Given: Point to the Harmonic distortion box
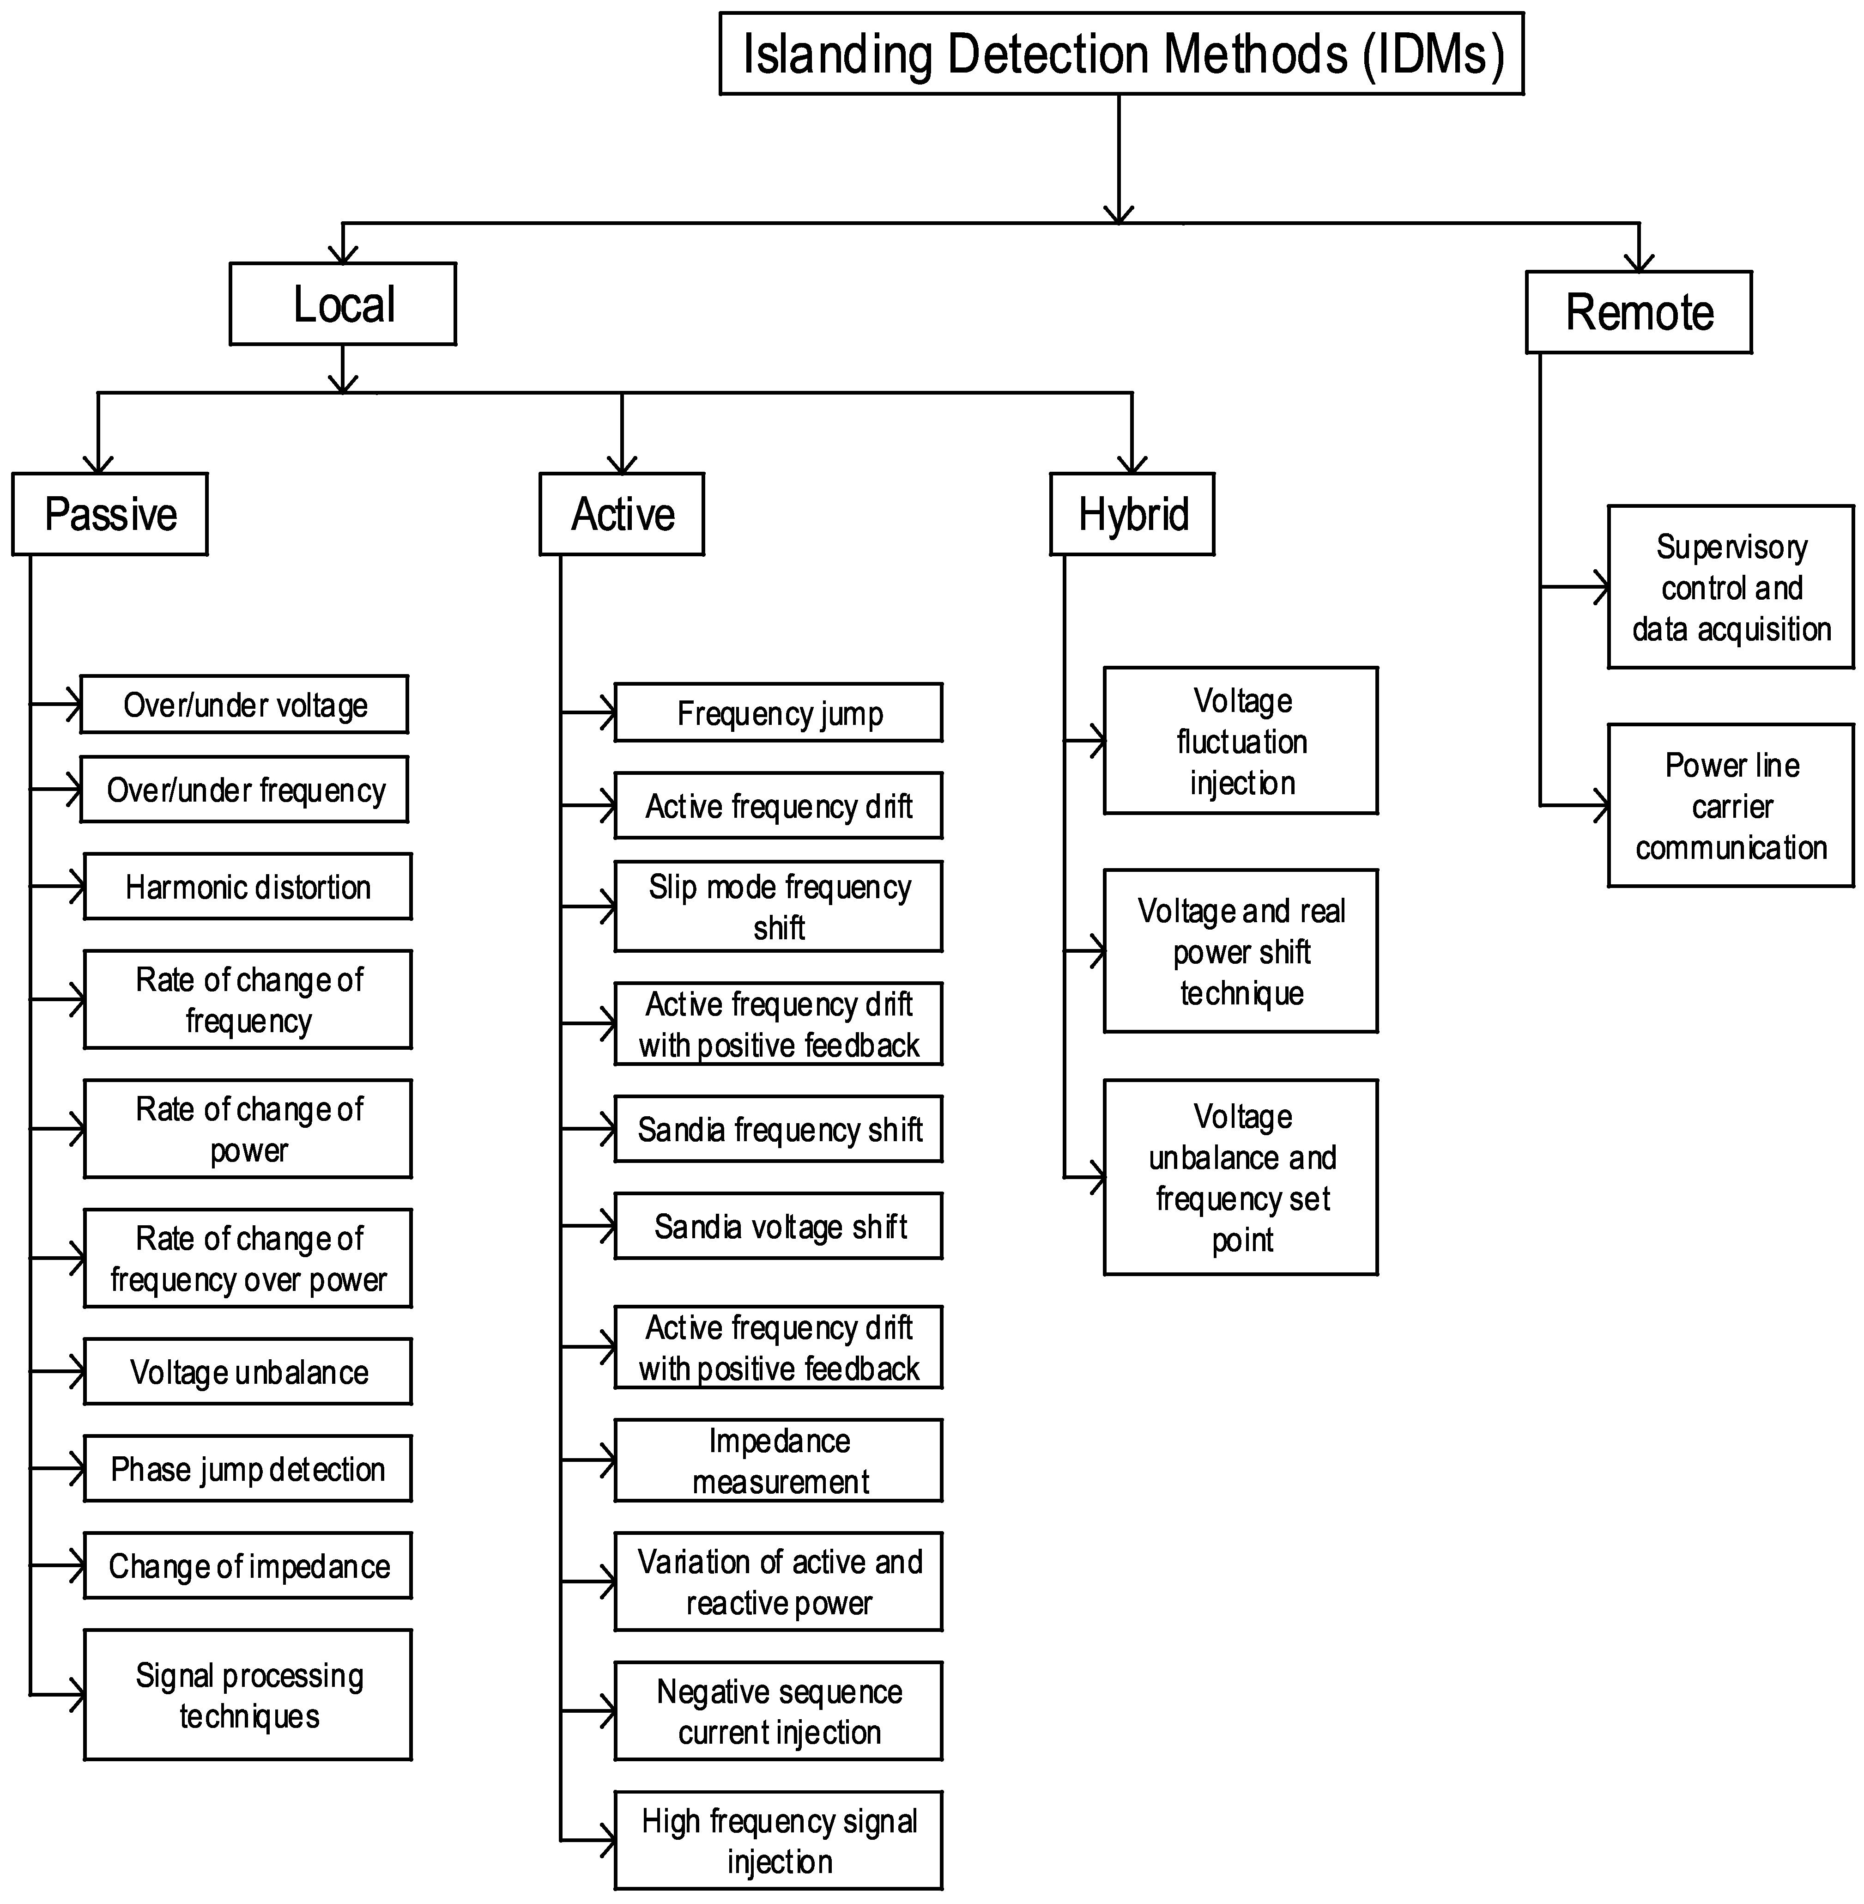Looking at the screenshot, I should coord(248,886).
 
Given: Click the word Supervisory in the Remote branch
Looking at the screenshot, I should coord(1731,547).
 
